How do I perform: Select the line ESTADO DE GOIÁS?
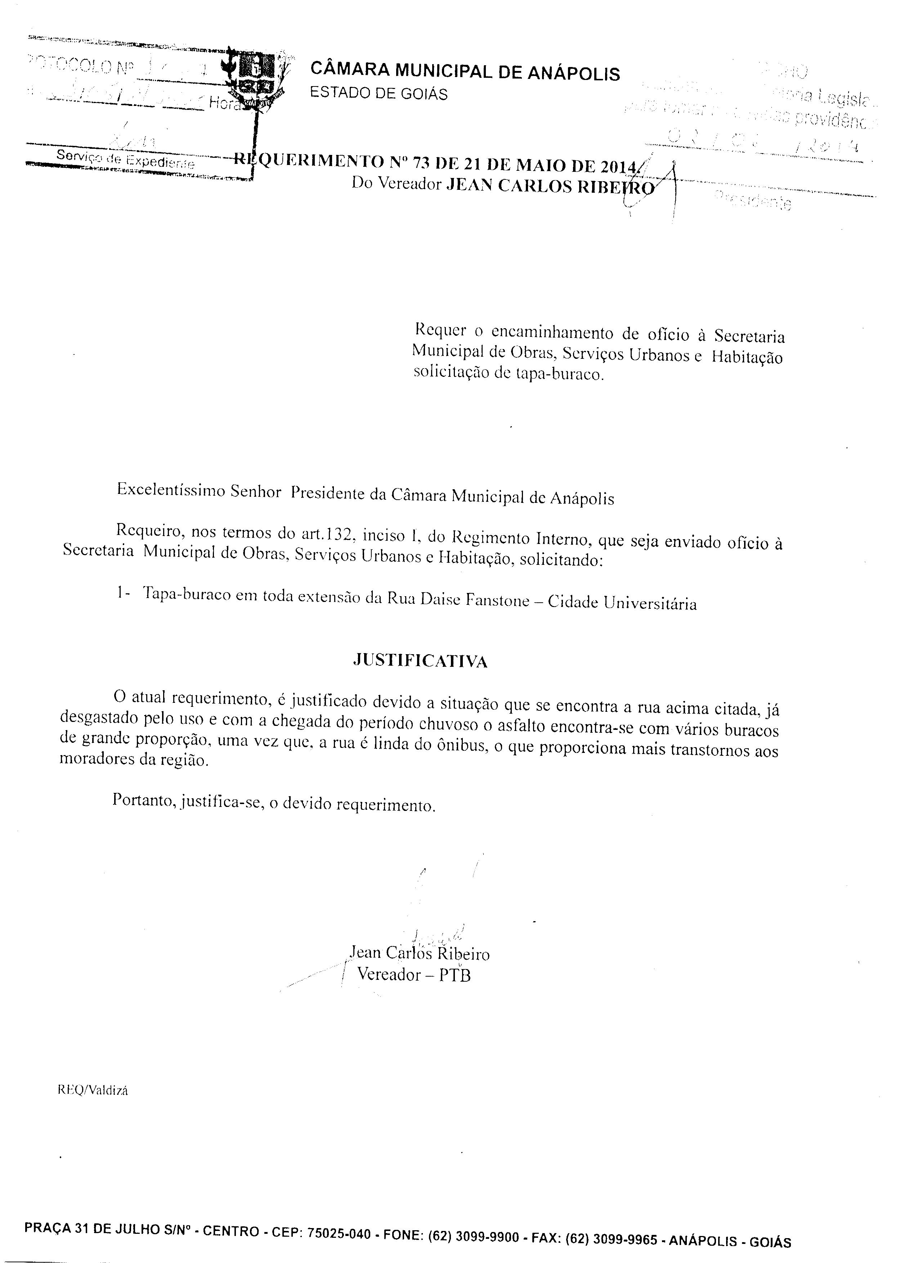(x=379, y=93)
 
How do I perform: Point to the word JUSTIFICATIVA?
(x=420, y=661)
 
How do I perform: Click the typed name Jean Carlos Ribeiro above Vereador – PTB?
(x=419, y=953)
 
